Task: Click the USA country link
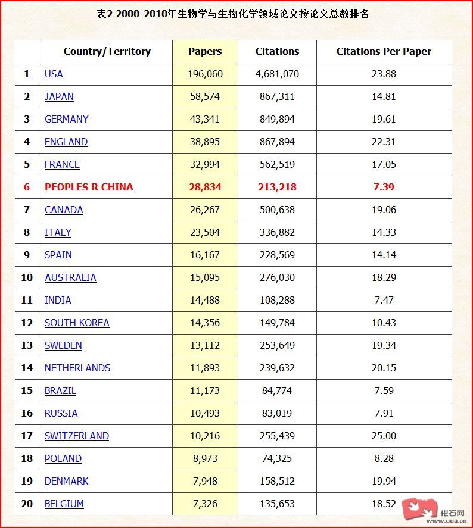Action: coord(54,74)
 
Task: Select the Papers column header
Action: coord(205,51)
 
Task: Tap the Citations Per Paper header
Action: coord(384,51)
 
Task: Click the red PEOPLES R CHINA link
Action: coord(89,187)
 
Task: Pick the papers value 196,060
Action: coord(205,74)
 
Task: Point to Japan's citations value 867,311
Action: coord(277,96)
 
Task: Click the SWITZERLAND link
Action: coord(77,436)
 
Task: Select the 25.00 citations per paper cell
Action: coord(384,436)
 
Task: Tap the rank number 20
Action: coord(27,504)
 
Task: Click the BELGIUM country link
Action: coord(64,504)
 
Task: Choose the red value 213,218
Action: coord(277,187)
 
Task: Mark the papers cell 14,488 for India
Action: coord(205,300)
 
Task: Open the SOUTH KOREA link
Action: coord(77,323)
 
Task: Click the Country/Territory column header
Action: coord(107,51)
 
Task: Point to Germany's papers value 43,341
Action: coord(205,119)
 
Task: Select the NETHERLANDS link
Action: coord(77,368)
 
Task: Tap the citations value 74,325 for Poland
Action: coord(277,458)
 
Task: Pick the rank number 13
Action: coord(27,345)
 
